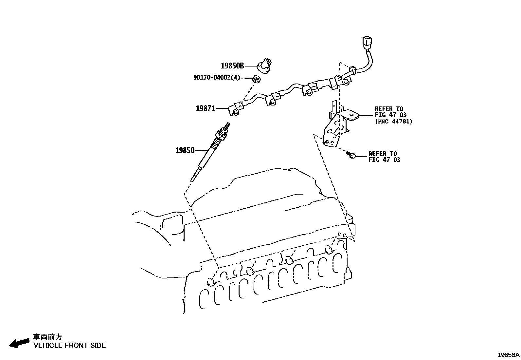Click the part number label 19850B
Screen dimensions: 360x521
pos(232,66)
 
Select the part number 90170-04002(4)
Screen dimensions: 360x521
pos(216,78)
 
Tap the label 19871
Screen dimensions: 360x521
pos(206,108)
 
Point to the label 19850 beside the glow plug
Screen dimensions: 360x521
pos(185,150)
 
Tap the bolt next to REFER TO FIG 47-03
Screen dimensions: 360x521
pos(351,155)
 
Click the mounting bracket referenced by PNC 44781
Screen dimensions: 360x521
pos(337,126)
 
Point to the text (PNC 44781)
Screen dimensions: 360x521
pos(393,122)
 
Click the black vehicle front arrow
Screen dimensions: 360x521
pos(19,343)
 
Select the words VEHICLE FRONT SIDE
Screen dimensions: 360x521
pos(69,345)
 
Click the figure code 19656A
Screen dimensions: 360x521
pos(508,355)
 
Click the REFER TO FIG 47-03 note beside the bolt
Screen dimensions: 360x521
pos(384,157)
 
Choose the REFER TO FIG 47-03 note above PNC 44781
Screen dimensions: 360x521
pos(390,112)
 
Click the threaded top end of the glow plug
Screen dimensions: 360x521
pos(227,125)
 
